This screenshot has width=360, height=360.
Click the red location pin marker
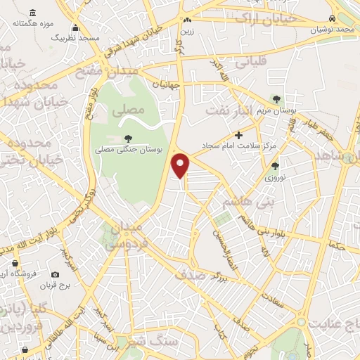[181, 165]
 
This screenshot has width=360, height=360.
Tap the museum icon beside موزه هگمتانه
[33, 13]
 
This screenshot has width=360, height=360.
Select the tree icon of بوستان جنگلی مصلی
[127, 139]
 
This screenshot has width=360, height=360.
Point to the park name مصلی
[128, 110]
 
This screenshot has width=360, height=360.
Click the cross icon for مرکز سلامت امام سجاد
[239, 135]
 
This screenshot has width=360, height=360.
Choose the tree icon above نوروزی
[275, 167]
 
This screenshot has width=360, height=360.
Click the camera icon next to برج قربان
[55, 274]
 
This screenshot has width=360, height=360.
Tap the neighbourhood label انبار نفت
[228, 110]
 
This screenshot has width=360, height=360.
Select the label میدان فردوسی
[124, 237]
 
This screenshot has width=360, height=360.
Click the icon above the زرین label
[187, 20]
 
